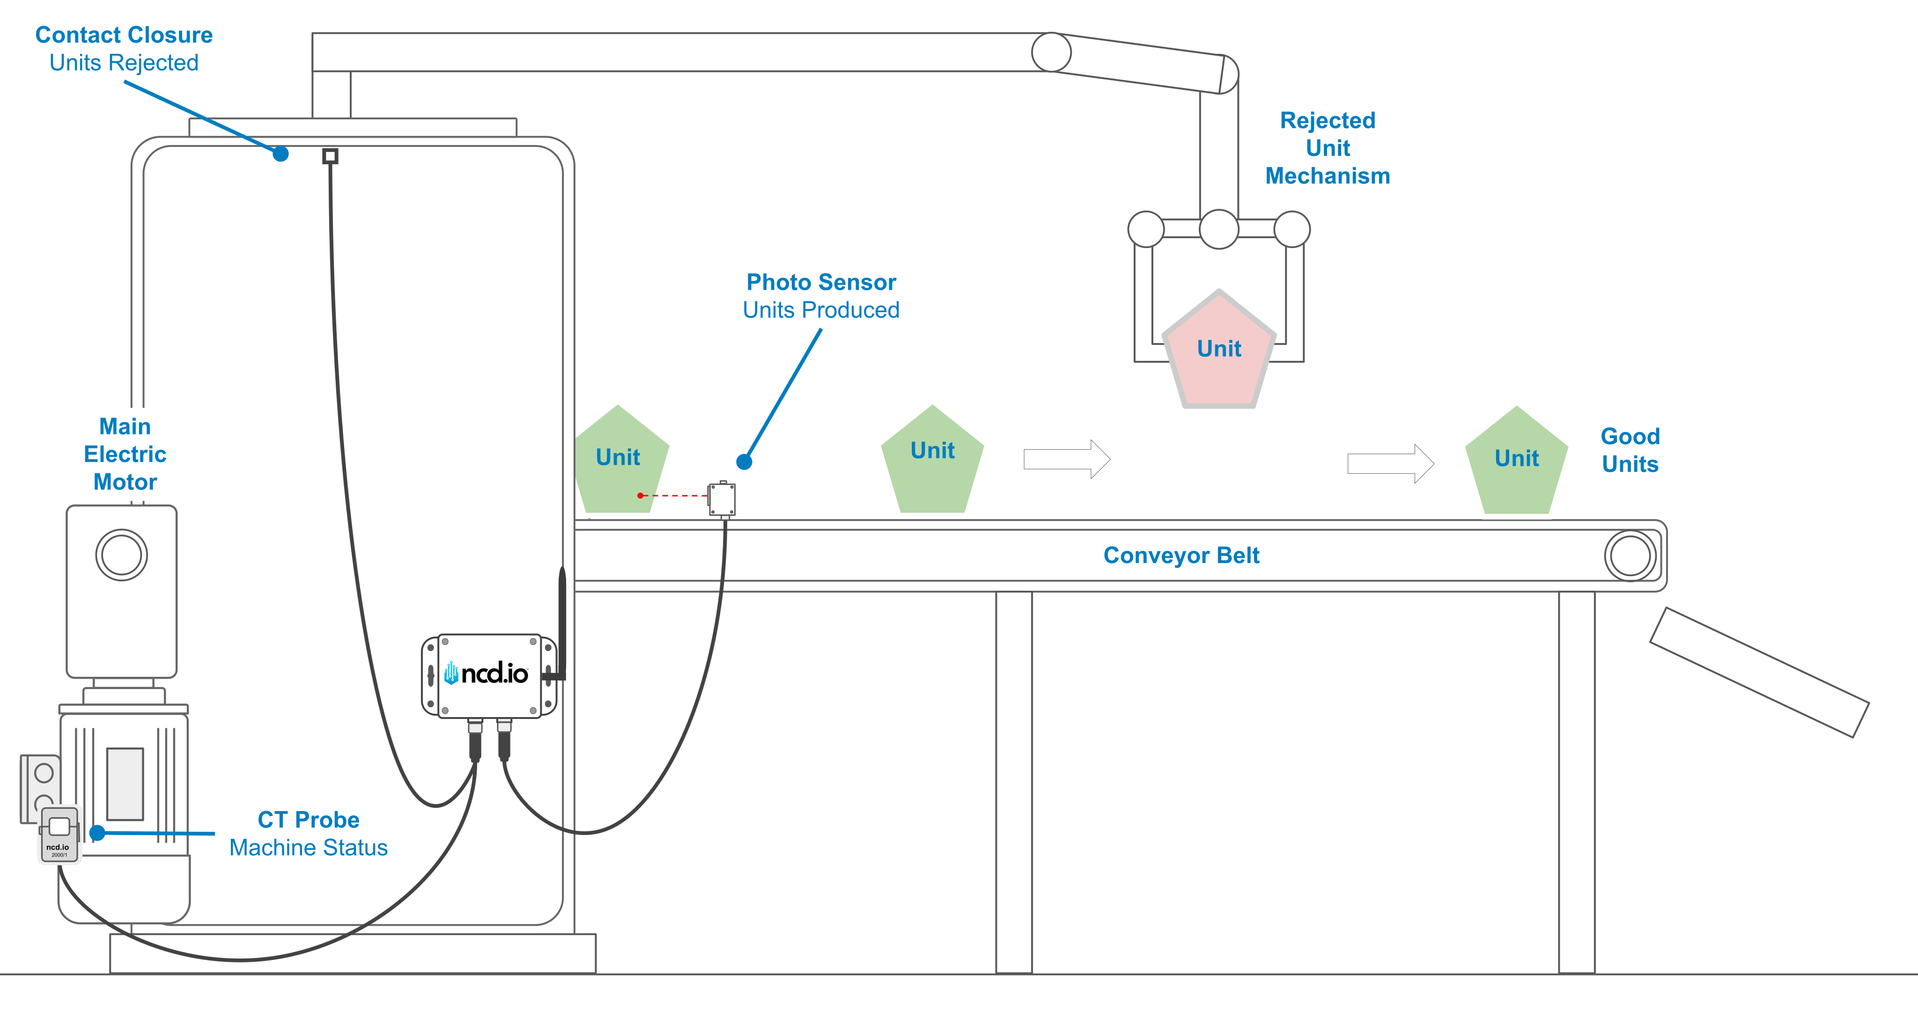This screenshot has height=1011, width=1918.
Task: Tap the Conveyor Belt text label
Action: tap(1181, 556)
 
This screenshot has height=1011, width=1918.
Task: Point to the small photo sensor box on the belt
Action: tap(722, 499)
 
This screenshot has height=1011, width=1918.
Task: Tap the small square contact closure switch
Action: tap(330, 155)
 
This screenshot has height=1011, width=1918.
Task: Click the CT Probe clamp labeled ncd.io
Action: tap(59, 835)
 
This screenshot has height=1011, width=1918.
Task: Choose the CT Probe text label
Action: tap(308, 820)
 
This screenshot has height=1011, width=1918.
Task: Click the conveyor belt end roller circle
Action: tap(1630, 556)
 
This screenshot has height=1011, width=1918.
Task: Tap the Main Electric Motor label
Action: tap(125, 454)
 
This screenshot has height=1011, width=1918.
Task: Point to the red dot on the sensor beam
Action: tap(640, 495)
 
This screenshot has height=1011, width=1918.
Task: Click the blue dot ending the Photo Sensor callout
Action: tap(743, 462)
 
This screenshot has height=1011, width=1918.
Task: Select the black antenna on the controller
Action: tap(562, 618)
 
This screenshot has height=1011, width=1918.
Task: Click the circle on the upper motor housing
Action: tap(121, 555)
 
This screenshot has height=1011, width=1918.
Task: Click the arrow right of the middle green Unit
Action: tap(1066, 459)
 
